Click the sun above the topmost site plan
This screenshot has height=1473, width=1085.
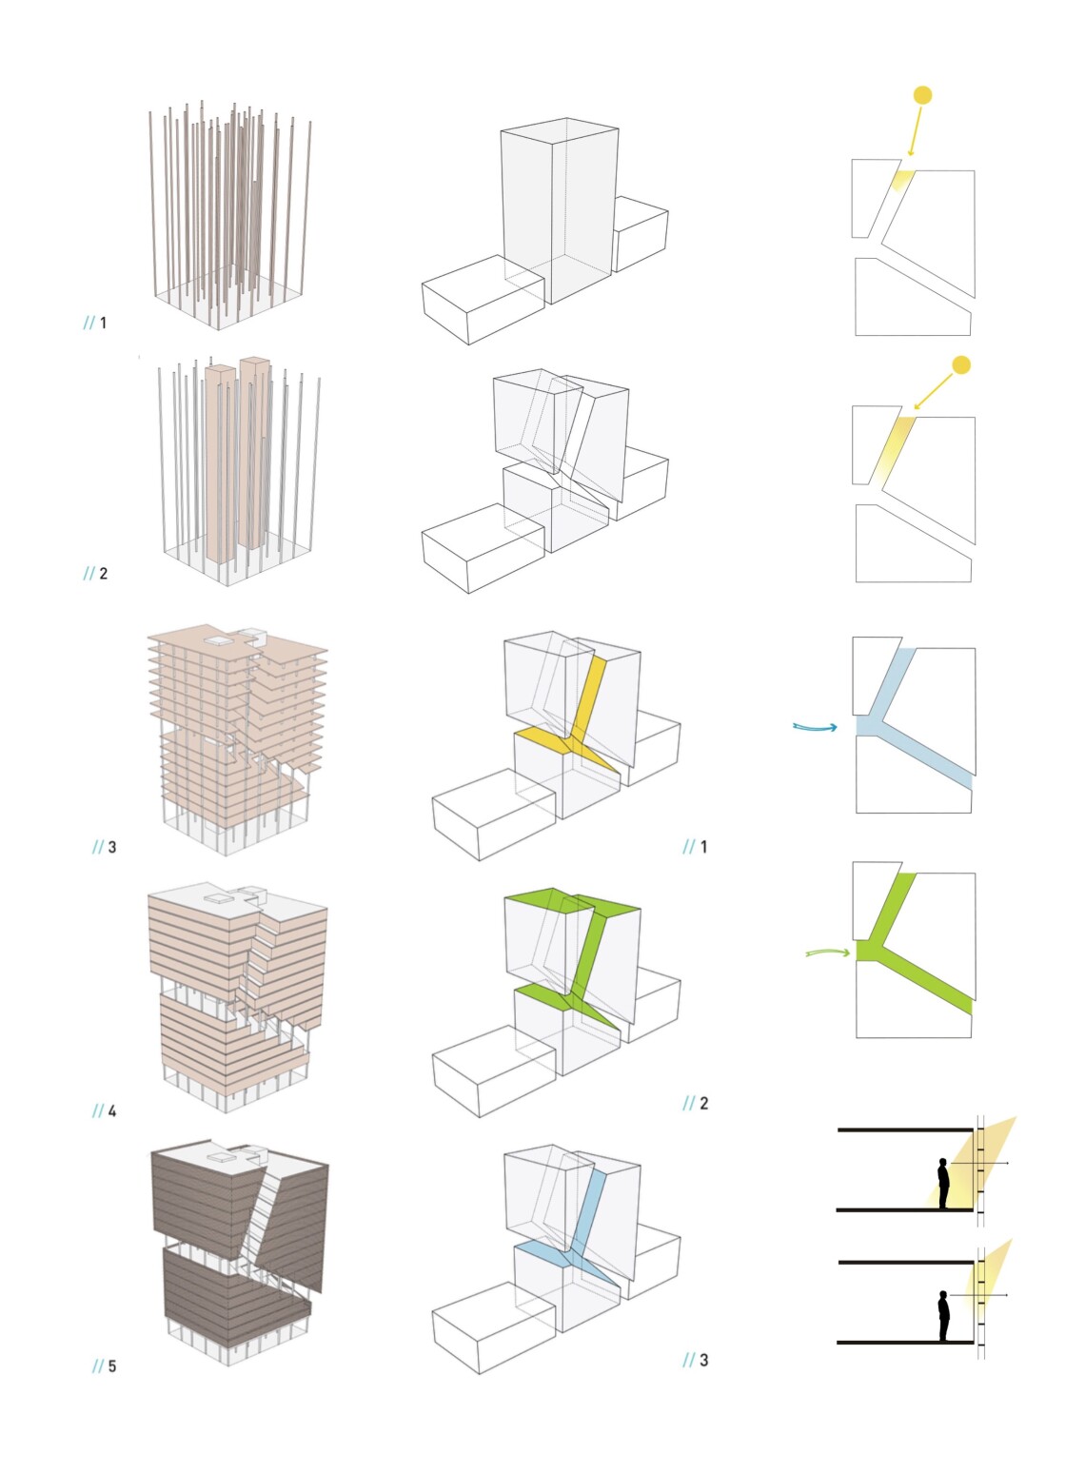922,95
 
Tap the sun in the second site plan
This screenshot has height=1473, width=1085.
961,365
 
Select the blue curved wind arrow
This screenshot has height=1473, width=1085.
815,727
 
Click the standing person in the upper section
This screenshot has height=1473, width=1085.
943,1183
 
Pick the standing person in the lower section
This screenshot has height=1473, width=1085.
944,1315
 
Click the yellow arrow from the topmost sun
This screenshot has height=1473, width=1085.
916,131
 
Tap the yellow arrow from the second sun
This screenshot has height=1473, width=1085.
934,391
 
